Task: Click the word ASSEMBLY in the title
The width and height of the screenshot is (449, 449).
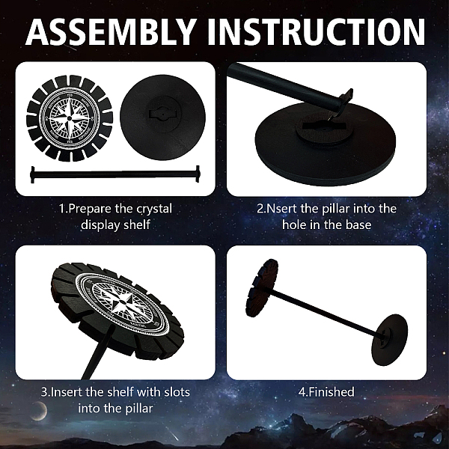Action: [111, 31]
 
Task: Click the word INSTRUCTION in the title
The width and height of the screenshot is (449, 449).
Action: [316, 31]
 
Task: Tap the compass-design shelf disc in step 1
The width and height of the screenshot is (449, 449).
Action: [70, 118]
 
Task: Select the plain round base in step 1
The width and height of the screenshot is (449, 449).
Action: [162, 117]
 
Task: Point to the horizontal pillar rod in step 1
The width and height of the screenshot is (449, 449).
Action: [115, 174]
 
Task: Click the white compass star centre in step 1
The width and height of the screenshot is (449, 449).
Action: [70, 118]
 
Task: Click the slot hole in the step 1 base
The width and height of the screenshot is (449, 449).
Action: [162, 114]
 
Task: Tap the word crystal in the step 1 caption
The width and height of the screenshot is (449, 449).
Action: [154, 209]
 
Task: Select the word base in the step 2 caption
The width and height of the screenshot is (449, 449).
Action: [358, 224]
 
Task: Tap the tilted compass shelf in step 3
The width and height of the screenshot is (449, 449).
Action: [117, 309]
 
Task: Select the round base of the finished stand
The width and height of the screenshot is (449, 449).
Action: [389, 340]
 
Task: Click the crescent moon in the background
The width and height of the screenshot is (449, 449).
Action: [42, 411]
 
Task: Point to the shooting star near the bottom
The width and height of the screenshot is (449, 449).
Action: [172, 435]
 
